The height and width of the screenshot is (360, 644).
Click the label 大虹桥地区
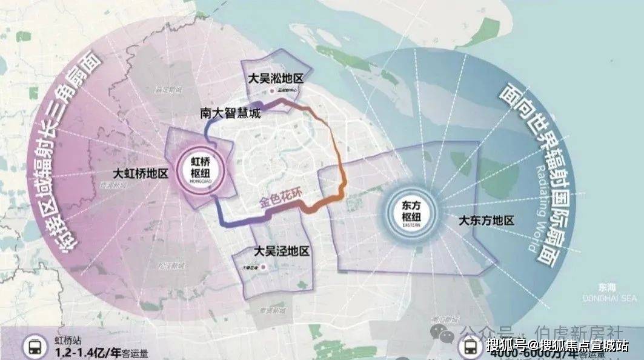pos(141,173)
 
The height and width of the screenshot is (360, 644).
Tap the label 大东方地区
pos(486,221)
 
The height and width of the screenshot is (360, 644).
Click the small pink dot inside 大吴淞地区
pos(271,92)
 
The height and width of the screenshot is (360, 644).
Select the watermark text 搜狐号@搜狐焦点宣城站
pos(557,346)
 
